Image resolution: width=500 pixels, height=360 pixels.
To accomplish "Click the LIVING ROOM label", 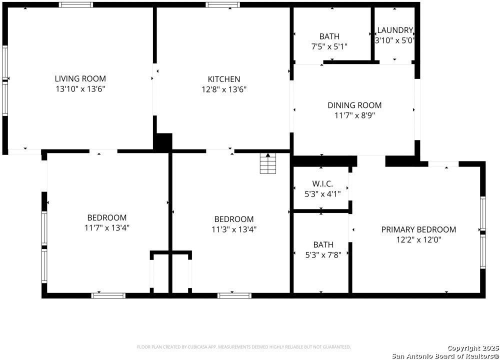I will pyautogui.click(x=80, y=78).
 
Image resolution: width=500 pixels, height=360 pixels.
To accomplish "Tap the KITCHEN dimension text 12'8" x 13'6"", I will pyautogui.click(x=224, y=89).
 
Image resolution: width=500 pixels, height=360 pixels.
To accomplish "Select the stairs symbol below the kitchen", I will pyautogui.click(x=268, y=163).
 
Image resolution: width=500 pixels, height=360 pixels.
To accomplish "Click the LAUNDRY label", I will pyautogui.click(x=394, y=30).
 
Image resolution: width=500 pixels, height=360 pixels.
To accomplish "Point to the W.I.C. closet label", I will pyautogui.click(x=322, y=183).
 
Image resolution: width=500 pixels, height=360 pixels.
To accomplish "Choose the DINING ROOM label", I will pyautogui.click(x=354, y=105).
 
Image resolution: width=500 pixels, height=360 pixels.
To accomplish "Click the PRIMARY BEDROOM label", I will pyautogui.click(x=418, y=229).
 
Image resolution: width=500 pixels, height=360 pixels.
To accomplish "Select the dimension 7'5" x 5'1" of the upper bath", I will pyautogui.click(x=329, y=46).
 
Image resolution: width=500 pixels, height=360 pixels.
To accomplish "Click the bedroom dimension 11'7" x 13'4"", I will pyautogui.click(x=107, y=228).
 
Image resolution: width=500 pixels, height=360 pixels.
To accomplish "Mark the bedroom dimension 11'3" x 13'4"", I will pyautogui.click(x=233, y=229).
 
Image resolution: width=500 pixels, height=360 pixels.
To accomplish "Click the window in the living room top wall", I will pyautogui.click(x=76, y=5).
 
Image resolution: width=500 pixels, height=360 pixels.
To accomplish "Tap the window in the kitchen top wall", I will pyautogui.click(x=223, y=5).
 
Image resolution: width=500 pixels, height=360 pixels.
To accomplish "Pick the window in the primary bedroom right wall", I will pyautogui.click(x=482, y=232).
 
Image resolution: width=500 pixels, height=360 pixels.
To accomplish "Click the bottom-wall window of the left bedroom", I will pyautogui.click(x=108, y=295).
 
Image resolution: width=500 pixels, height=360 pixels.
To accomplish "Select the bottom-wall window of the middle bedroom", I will pyautogui.click(x=234, y=295).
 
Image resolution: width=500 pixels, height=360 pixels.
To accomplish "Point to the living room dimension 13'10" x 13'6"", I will pyautogui.click(x=80, y=89).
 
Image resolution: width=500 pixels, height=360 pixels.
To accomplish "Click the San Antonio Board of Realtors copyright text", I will pyautogui.click(x=445, y=355).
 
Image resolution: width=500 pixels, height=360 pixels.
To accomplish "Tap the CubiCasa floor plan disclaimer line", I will pyautogui.click(x=244, y=346).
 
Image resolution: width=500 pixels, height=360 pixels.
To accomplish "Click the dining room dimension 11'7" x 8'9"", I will pyautogui.click(x=354, y=115).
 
